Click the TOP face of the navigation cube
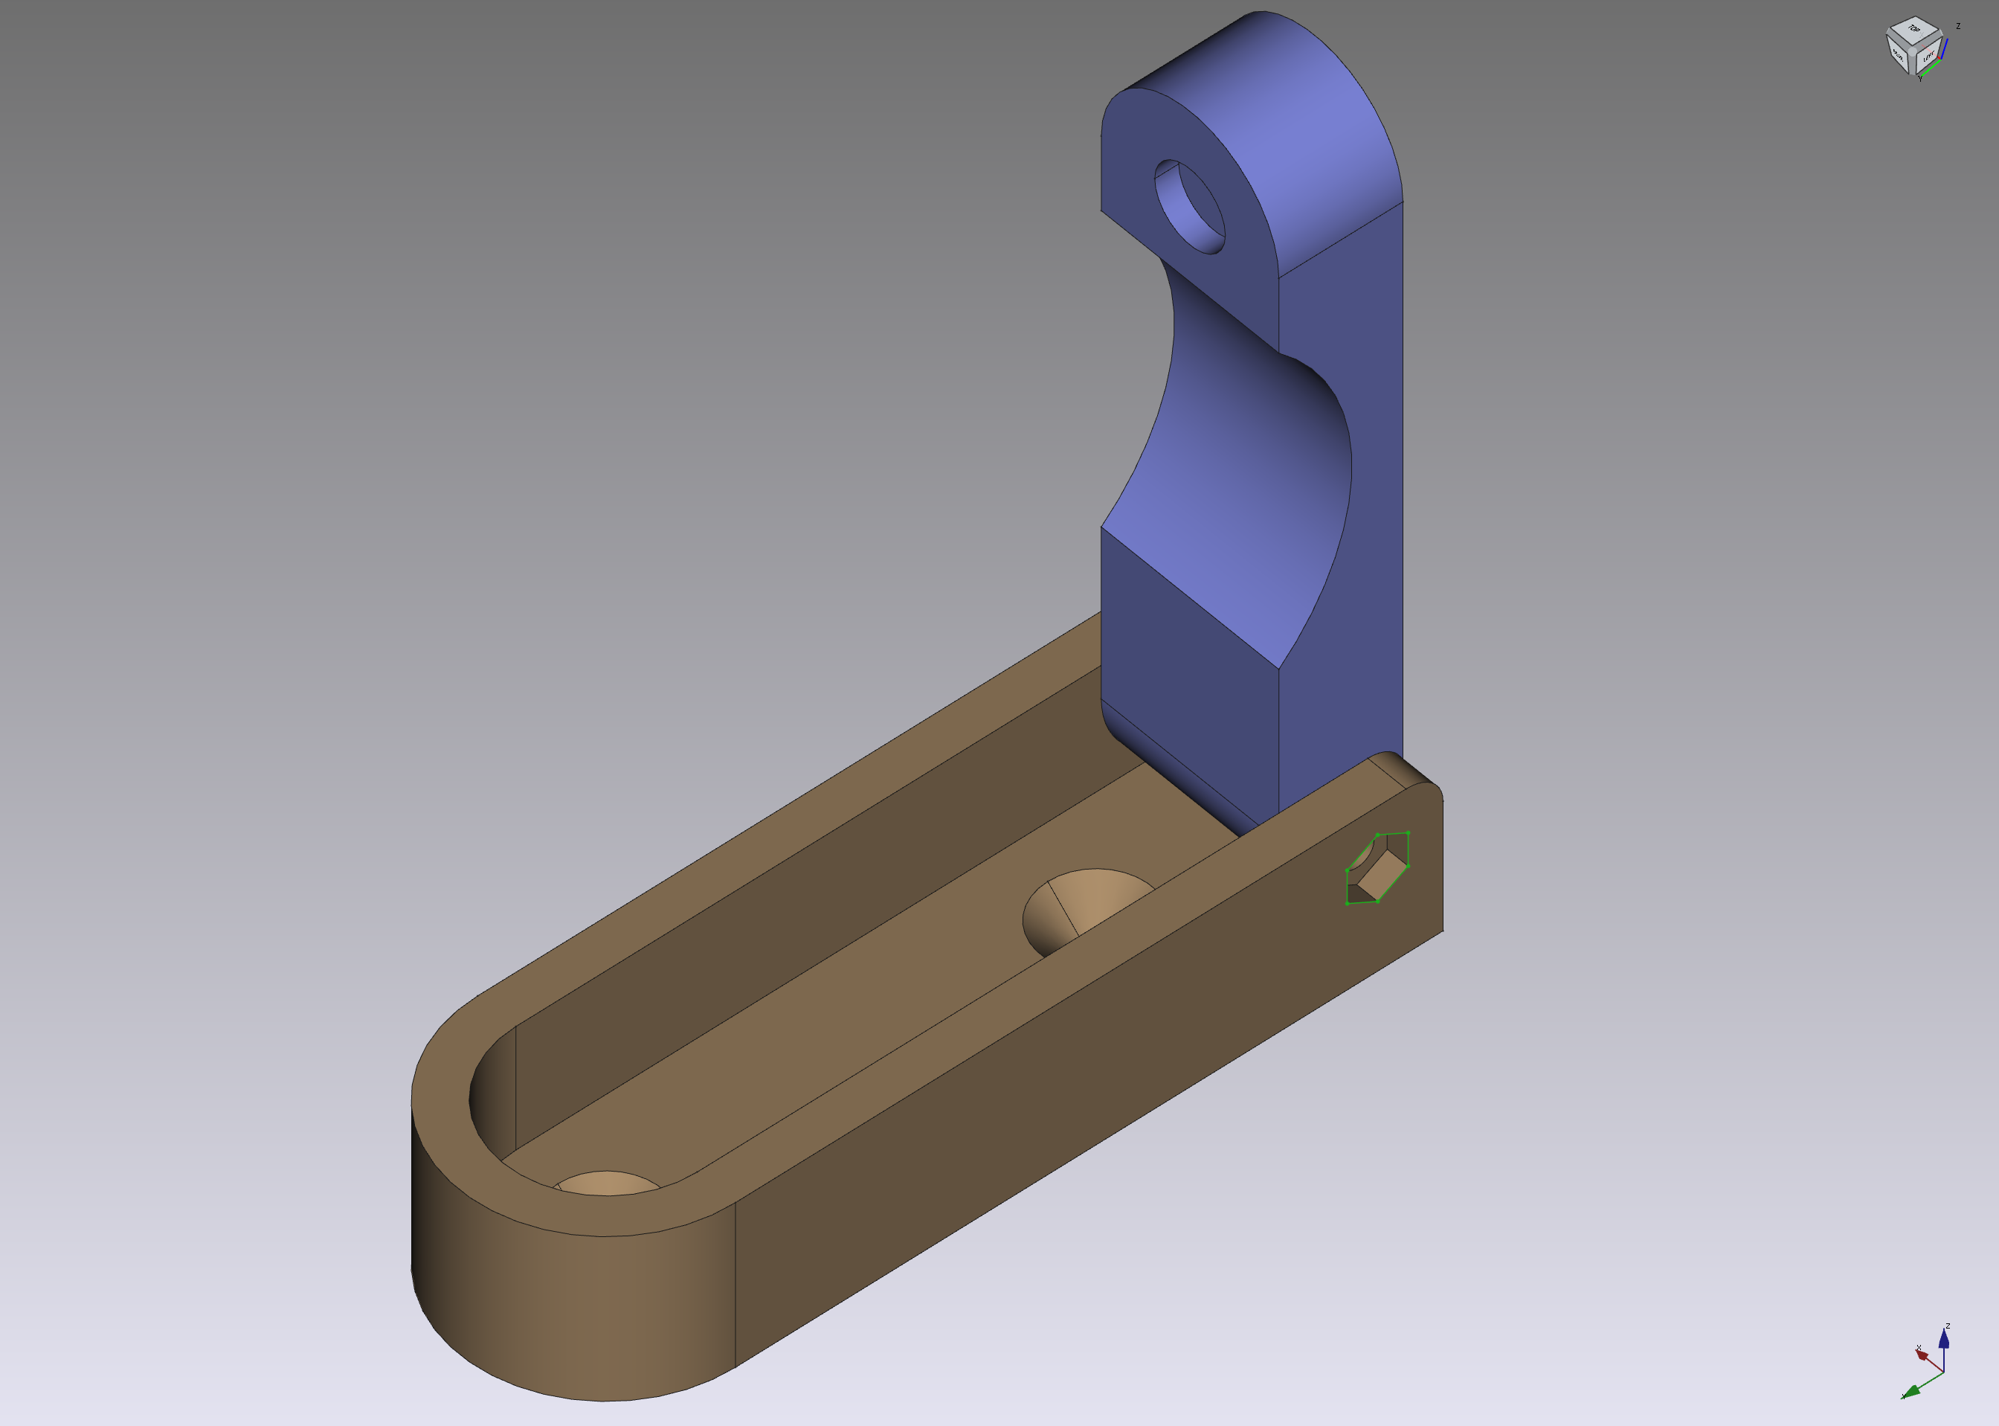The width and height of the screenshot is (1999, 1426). (1913, 30)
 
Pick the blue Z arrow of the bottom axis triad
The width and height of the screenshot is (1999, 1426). (1944, 1339)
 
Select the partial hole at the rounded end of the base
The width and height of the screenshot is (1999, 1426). (608, 1183)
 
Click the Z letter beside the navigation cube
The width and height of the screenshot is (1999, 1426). (1958, 26)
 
